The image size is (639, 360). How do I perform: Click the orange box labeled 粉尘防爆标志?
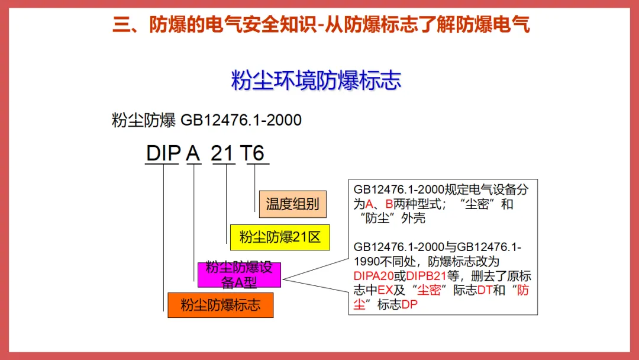[x=220, y=306]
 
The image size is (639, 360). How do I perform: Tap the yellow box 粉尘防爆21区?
[x=279, y=237]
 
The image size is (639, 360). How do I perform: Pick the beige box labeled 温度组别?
[x=292, y=204]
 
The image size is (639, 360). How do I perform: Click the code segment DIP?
[x=163, y=153]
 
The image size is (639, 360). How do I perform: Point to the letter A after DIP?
[x=193, y=153]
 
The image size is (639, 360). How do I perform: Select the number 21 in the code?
[x=223, y=153]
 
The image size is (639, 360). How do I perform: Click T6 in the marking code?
[x=253, y=153]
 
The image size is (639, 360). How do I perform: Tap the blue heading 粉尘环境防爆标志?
[x=317, y=80]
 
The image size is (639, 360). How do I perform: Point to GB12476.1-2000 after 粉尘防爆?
[x=241, y=120]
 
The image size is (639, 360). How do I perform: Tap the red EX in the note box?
[x=385, y=290]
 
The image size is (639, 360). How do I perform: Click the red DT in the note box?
[x=485, y=290]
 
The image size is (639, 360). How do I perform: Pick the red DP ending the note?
[x=410, y=304]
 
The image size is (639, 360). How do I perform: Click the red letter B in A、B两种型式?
[x=389, y=204]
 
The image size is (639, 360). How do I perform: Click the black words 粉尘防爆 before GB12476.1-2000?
[x=144, y=120]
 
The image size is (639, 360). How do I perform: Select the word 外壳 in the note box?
[x=413, y=218]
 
